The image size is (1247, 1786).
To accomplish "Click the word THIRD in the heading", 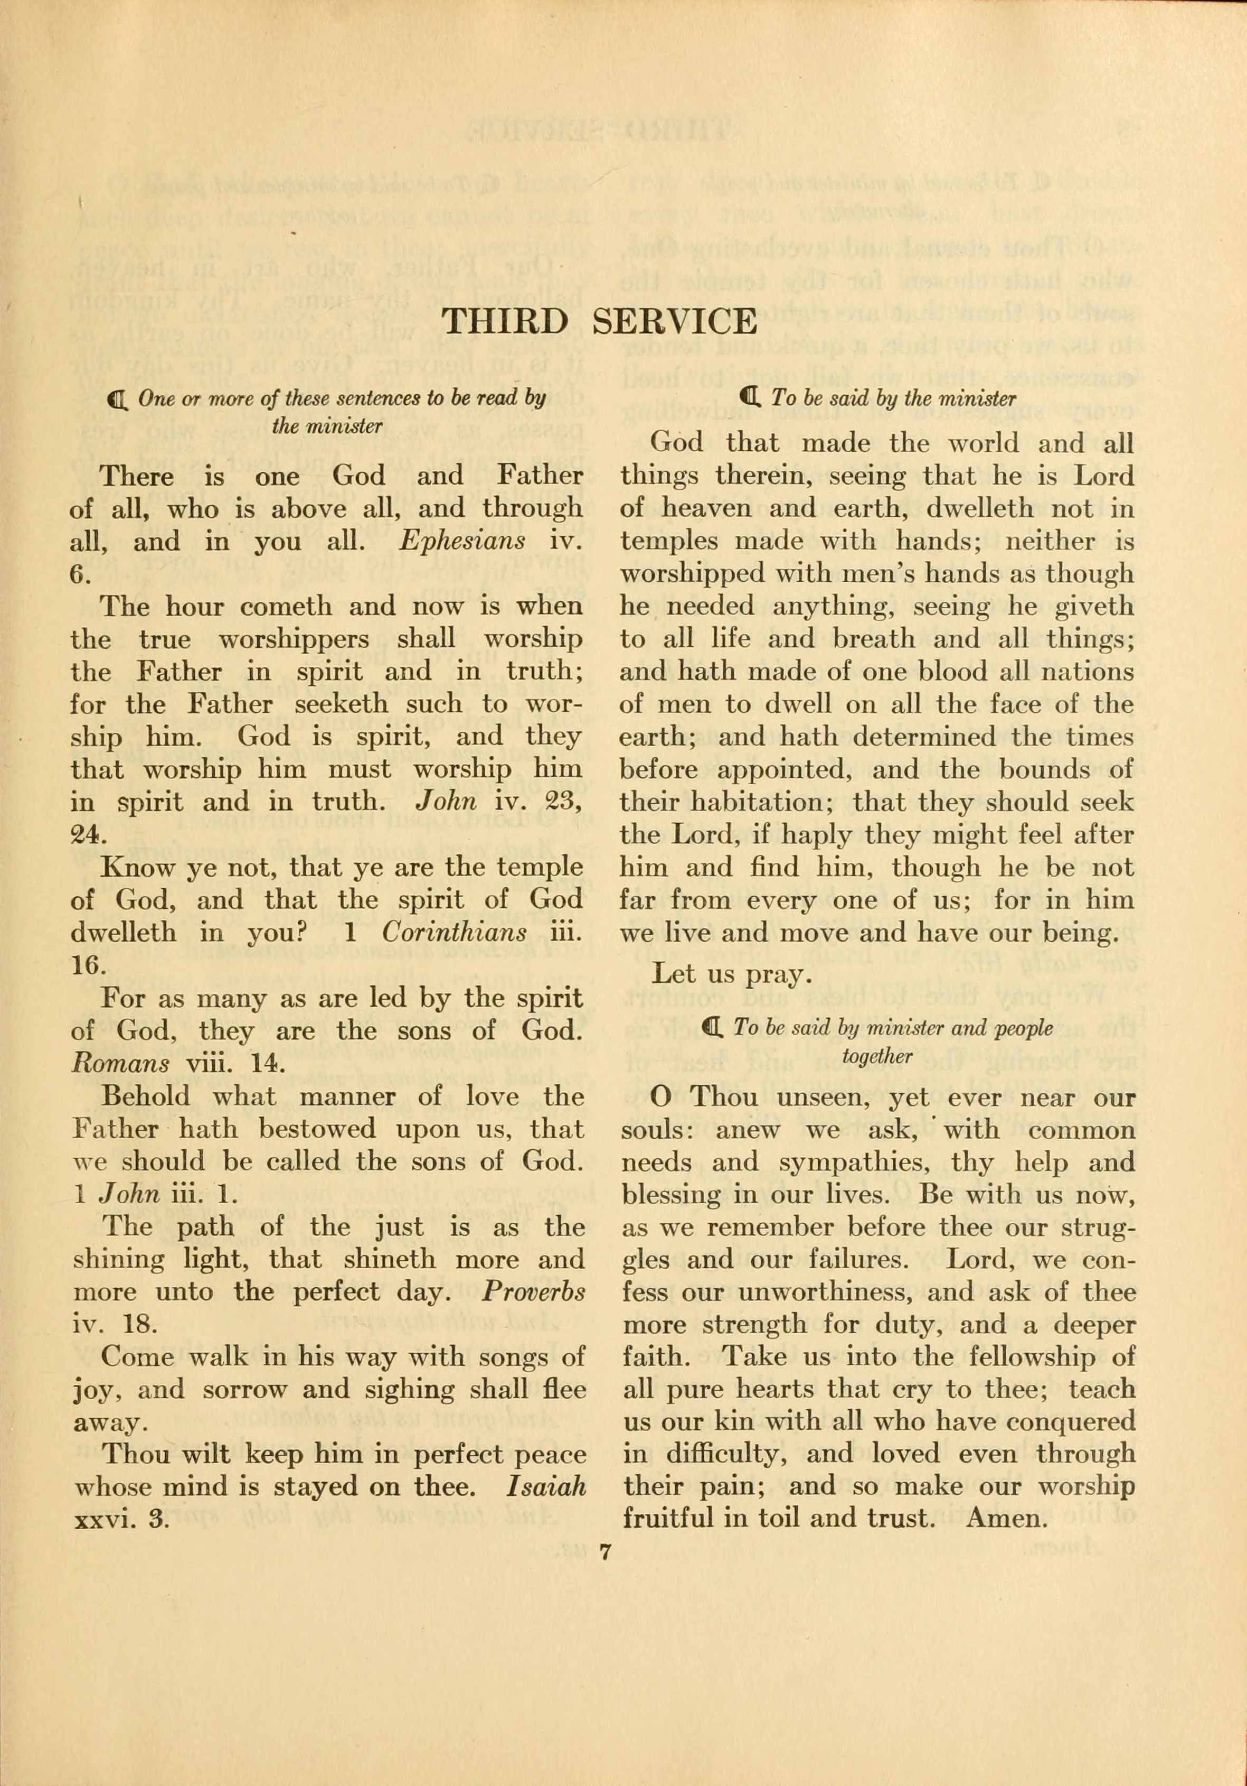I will click(x=505, y=322).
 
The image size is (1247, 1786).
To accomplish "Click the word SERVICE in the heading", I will click(x=674, y=322).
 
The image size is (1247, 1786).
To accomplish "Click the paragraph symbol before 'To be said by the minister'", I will click(x=750, y=399).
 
